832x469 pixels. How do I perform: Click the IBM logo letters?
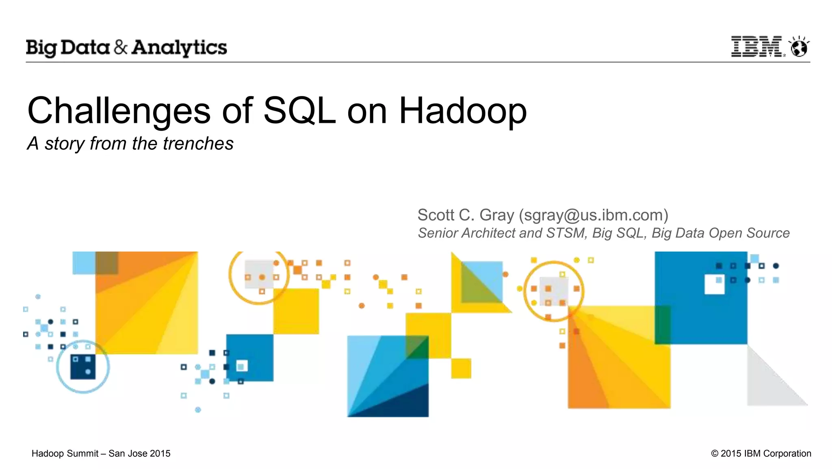pyautogui.click(x=756, y=46)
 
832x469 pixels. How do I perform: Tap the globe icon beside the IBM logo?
pyautogui.click(x=799, y=47)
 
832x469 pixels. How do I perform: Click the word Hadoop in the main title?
pyautogui.click(x=463, y=111)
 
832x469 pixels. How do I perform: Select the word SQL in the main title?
pyautogui.click(x=299, y=111)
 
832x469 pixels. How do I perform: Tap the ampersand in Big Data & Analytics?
pyautogui.click(x=121, y=47)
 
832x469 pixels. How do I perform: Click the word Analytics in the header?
pyautogui.click(x=179, y=48)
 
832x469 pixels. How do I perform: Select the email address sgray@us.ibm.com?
pyautogui.click(x=594, y=215)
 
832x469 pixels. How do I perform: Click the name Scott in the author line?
pyautogui.click(x=435, y=215)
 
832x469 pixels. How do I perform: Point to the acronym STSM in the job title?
pyautogui.click(x=566, y=233)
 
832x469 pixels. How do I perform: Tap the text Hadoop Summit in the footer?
pyautogui.click(x=65, y=454)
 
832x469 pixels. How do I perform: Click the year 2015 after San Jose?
pyautogui.click(x=160, y=454)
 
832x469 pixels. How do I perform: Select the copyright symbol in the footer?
pyautogui.click(x=715, y=454)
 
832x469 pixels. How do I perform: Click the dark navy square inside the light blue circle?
pyautogui.click(x=83, y=366)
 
